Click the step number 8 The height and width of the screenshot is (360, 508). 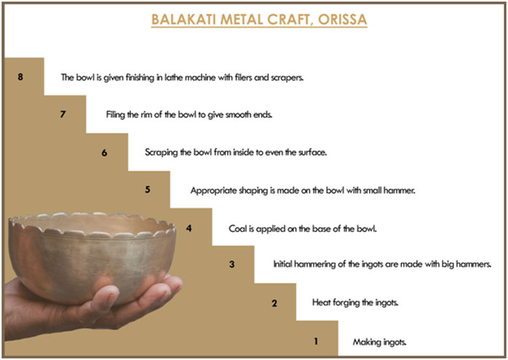20,76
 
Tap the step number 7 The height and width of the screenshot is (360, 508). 63,114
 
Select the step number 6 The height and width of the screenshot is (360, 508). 104,153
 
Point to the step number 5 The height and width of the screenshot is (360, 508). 148,189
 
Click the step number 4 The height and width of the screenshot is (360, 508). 189,228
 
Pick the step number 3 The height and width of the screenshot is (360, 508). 232,264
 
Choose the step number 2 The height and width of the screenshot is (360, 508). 274,303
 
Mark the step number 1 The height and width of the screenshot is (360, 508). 316,341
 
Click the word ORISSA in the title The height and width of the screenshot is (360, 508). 343,20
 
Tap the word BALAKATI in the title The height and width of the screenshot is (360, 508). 183,20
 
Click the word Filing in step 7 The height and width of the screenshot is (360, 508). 115,115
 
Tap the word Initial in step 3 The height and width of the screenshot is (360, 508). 282,264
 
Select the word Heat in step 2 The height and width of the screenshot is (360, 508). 321,303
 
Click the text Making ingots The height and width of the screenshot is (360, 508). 379,343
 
